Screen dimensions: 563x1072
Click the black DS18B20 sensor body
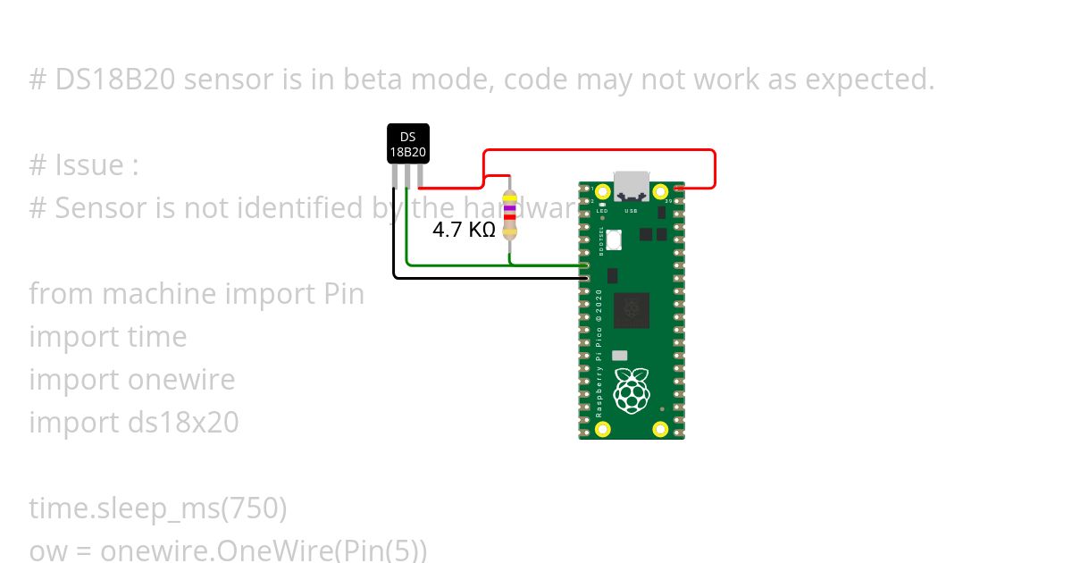(407, 144)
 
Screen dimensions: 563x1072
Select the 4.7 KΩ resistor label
(464, 230)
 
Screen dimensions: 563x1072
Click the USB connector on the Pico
(632, 185)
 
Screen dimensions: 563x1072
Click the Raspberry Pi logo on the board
(632, 391)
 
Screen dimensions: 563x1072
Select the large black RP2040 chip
(632, 309)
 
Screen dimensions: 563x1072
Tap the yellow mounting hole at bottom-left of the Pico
(603, 430)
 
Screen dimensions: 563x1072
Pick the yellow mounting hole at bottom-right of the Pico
(661, 430)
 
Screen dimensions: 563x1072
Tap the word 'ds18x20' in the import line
(183, 423)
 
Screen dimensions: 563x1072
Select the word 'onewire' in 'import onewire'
(181, 380)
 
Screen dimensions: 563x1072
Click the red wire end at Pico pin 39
(680, 189)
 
